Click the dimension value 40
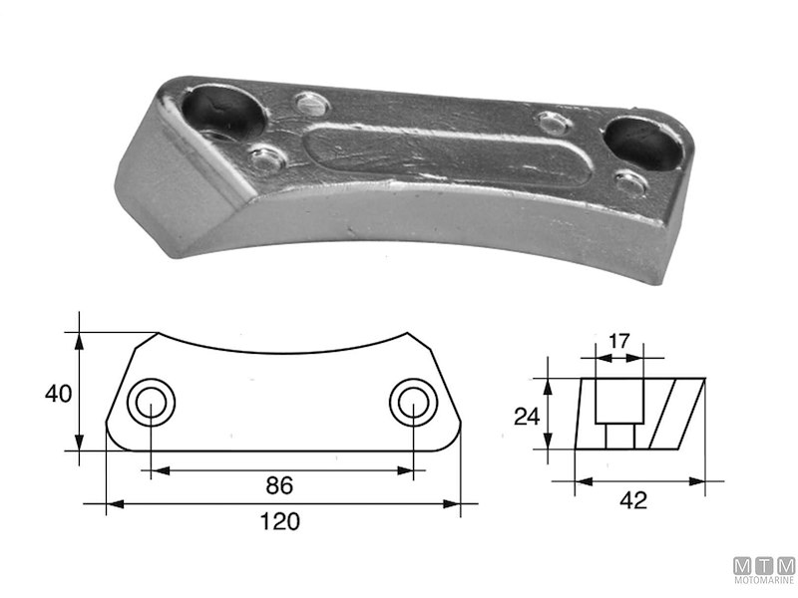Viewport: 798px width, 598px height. (58, 394)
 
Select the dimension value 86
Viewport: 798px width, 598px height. (279, 486)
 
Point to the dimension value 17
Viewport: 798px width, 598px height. (618, 340)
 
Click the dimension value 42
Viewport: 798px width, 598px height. (632, 500)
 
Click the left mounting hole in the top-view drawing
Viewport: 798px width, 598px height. (151, 404)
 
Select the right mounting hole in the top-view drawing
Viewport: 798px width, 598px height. (412, 404)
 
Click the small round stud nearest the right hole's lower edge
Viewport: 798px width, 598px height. (629, 182)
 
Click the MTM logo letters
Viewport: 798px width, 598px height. (764, 565)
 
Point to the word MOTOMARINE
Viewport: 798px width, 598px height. (764, 580)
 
